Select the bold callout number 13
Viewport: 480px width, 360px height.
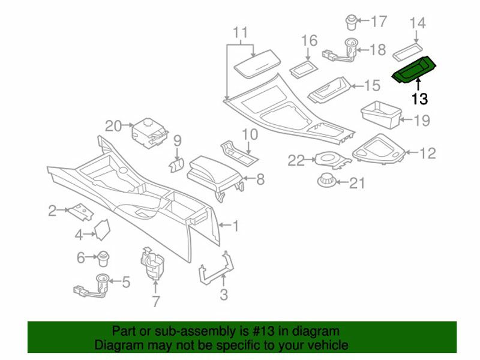pyautogui.click(x=419, y=98)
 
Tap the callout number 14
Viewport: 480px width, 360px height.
pyautogui.click(x=418, y=23)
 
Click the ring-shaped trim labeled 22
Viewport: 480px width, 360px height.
pyautogui.click(x=328, y=159)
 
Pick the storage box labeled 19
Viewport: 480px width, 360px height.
pyautogui.click(x=380, y=113)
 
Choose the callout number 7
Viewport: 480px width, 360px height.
pyautogui.click(x=155, y=301)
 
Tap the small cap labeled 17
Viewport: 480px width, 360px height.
pyautogui.click(x=351, y=22)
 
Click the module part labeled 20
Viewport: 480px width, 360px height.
pyautogui.click(x=148, y=130)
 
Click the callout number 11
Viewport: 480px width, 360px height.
pyautogui.click(x=240, y=32)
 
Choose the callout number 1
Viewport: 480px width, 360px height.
pyautogui.click(x=236, y=226)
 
